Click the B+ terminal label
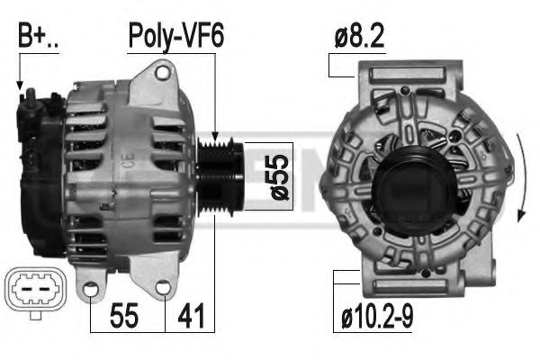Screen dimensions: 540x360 coord(38,36)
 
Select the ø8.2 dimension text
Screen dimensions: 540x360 coord(359,36)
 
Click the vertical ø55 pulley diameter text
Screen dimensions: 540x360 coord(280,176)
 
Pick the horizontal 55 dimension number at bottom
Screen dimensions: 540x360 coord(124,316)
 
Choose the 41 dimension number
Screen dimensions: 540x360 coord(191,316)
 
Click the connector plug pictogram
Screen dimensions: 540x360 coord(36,292)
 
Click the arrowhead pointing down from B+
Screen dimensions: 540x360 coord(20,85)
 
